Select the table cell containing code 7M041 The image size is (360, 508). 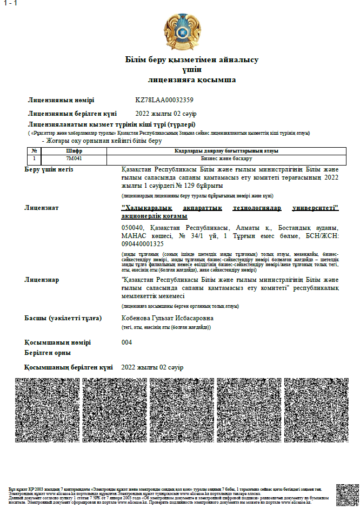74,159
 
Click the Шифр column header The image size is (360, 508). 74,151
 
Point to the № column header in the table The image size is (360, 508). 34,151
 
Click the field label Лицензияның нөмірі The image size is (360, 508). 61,100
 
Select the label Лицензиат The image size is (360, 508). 42,208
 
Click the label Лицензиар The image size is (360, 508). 42,280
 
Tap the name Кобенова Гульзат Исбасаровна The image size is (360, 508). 168,318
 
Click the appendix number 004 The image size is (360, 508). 127,342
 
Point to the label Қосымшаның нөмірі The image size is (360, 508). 57,342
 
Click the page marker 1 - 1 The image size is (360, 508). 10,4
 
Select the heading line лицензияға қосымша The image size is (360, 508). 192,80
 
